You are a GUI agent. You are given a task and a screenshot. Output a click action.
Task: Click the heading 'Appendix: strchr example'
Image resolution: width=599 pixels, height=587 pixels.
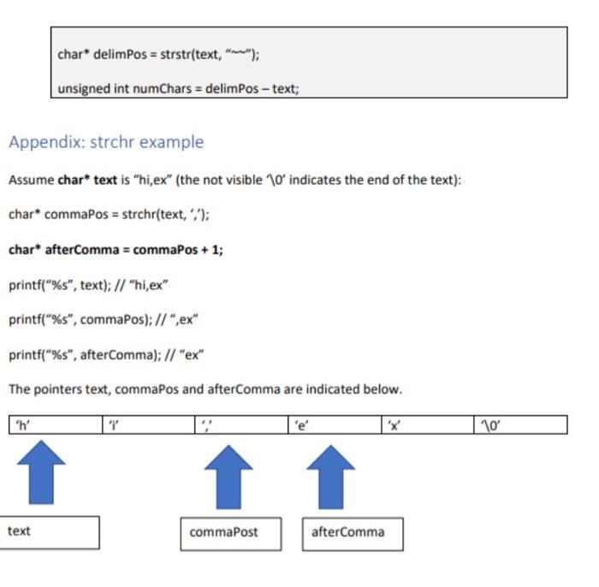(x=106, y=142)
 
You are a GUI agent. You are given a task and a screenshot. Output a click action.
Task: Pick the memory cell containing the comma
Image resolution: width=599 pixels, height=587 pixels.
(x=241, y=424)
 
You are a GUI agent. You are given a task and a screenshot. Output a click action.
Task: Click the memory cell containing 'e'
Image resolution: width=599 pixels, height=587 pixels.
(x=334, y=424)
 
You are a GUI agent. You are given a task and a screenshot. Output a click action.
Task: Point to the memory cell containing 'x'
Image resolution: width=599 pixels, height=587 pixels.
(x=427, y=424)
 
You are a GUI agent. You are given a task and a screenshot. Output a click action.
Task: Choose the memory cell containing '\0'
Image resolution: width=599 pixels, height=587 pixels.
(x=520, y=424)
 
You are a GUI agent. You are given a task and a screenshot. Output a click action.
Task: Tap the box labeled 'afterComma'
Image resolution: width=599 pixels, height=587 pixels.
(x=352, y=533)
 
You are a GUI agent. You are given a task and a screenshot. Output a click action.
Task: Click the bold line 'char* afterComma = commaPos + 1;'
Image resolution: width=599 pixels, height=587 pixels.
(x=116, y=251)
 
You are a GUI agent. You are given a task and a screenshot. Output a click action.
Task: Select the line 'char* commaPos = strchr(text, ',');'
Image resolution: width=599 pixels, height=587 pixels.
(x=109, y=214)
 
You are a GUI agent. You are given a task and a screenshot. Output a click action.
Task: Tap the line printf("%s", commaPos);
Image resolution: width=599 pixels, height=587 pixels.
(x=104, y=320)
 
